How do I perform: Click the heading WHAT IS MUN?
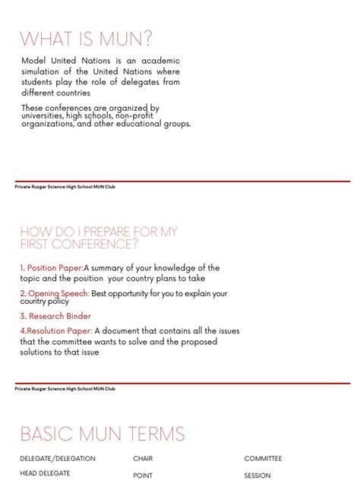click(86, 39)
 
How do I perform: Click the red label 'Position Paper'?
click(55, 268)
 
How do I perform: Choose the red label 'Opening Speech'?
click(58, 293)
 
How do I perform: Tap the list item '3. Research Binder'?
click(55, 316)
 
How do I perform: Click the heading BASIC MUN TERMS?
click(103, 434)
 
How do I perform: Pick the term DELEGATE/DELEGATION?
click(58, 459)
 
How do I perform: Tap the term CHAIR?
click(143, 459)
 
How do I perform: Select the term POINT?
click(143, 475)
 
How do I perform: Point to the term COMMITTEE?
click(263, 459)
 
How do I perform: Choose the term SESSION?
click(257, 475)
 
